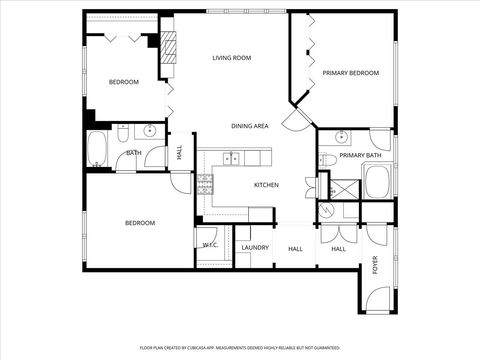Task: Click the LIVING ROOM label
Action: click(231, 58)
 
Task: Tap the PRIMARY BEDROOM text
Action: click(350, 72)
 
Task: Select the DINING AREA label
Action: click(249, 126)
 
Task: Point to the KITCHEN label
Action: click(265, 185)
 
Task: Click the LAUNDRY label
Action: click(255, 247)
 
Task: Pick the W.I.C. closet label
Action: click(210, 244)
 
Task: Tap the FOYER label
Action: click(376, 265)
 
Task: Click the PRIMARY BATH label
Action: click(360, 156)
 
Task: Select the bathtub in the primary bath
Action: click(378, 183)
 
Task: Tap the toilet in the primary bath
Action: click(327, 160)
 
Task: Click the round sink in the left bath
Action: click(149, 131)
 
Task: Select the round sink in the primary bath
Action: click(341, 136)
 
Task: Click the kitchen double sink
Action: click(230, 157)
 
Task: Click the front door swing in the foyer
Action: click(377, 299)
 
